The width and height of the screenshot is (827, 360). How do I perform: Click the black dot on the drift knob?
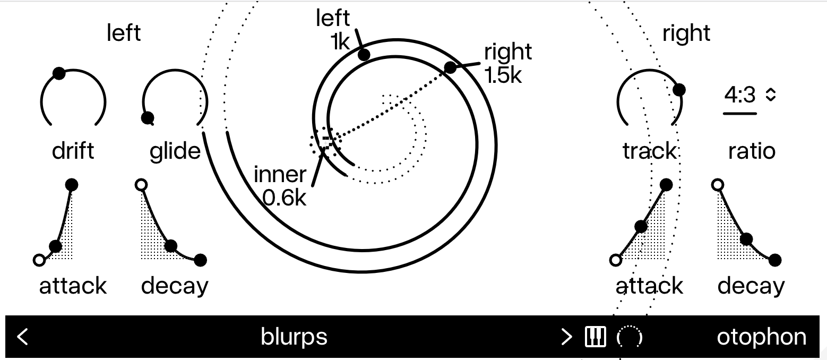click(59, 73)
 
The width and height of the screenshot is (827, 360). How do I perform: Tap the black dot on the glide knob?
click(148, 118)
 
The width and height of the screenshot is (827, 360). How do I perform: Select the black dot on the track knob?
click(679, 90)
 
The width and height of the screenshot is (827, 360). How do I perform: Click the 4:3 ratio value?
click(739, 95)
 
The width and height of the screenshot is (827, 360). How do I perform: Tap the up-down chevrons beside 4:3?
click(771, 95)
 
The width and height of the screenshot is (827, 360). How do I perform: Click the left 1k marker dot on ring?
click(364, 55)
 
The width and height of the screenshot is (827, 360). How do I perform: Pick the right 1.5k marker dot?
click(450, 67)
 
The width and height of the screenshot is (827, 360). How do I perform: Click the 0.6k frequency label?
click(285, 198)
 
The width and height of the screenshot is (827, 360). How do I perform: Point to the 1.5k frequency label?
click(503, 75)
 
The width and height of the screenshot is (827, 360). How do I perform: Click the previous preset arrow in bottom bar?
click(22, 337)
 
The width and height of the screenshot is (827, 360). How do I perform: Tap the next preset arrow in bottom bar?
click(566, 337)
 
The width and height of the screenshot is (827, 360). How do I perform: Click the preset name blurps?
click(294, 337)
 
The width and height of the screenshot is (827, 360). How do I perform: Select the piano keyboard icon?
click(595, 337)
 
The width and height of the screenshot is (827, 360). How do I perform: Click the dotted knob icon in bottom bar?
click(629, 337)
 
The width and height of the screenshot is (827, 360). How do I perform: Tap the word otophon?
click(761, 337)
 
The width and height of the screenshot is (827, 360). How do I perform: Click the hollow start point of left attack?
click(39, 260)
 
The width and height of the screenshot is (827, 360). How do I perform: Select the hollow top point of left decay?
click(141, 185)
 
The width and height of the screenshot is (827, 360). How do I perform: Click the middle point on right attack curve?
click(641, 226)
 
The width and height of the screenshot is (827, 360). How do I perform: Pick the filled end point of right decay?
click(775, 260)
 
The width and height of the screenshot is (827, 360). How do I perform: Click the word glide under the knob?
click(175, 151)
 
